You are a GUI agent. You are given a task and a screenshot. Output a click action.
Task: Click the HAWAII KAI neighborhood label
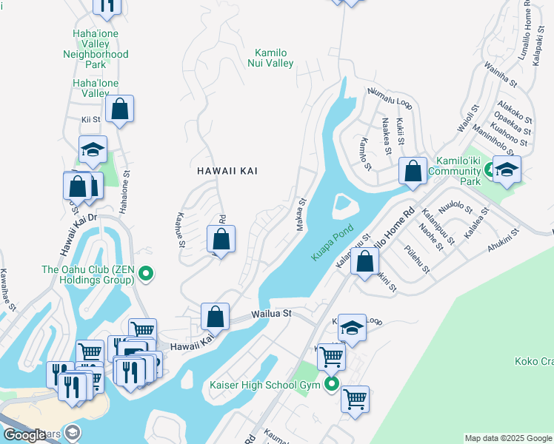click(x=227, y=171)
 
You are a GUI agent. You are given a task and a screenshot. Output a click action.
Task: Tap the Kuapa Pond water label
click(x=333, y=243)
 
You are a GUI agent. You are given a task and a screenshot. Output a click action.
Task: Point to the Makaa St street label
click(x=301, y=214)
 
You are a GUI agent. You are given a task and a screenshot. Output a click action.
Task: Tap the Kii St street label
click(x=91, y=119)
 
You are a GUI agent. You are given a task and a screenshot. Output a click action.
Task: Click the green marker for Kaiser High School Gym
click(x=332, y=383)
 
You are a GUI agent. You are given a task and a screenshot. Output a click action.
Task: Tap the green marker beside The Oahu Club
click(x=146, y=275)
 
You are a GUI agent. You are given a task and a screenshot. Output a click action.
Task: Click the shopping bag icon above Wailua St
click(x=215, y=317)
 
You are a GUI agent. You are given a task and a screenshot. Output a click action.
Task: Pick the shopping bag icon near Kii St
click(x=119, y=110)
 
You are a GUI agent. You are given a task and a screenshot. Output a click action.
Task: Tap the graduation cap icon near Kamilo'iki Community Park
click(x=507, y=169)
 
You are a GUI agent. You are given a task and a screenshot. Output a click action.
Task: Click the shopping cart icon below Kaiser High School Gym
click(x=356, y=400)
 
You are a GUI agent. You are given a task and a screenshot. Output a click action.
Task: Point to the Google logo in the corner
click(x=24, y=435)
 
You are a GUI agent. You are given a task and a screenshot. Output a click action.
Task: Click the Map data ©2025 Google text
click(x=509, y=438)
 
